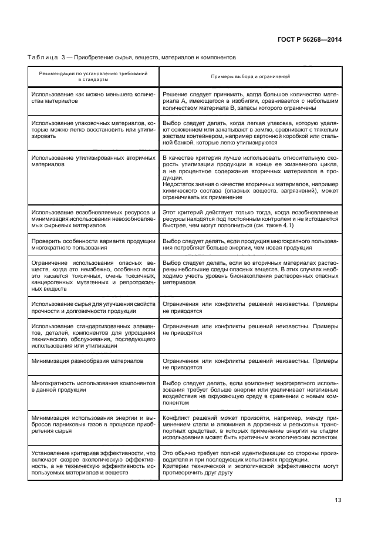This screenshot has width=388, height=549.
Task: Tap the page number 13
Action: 338,500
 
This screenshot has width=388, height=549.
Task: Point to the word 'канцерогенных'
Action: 54,282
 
